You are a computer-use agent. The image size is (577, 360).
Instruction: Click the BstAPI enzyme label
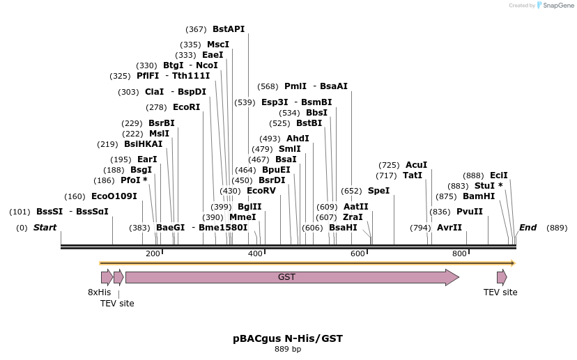229,29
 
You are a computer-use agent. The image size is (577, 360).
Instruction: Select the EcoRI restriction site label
186,107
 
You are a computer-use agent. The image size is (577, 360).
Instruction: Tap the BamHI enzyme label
479,196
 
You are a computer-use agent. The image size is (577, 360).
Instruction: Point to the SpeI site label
378,191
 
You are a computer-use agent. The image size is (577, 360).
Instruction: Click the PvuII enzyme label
469,212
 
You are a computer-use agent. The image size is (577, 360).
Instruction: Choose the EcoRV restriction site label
261,191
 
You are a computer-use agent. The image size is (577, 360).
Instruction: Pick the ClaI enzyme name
154,92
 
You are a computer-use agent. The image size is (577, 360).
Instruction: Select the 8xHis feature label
99,292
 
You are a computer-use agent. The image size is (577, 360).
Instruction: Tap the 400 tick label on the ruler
255,253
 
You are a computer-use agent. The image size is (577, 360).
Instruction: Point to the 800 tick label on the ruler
459,253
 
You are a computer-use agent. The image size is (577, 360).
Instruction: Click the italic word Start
45,228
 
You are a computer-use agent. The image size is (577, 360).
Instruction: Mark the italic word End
528,228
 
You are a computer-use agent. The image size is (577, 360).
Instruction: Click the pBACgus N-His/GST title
288,338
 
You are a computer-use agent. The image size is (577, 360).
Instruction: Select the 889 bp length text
288,350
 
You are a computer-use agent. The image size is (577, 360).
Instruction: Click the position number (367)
196,29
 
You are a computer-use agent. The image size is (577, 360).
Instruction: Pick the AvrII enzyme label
449,228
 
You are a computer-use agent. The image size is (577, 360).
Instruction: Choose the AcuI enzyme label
416,165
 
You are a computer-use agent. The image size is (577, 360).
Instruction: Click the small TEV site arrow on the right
502,277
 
